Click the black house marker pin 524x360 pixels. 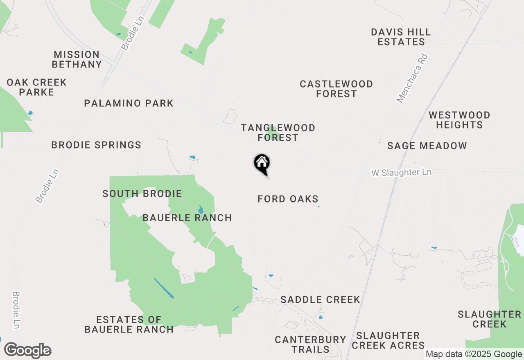262,164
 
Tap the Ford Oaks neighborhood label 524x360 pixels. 288,199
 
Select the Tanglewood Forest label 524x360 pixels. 278,133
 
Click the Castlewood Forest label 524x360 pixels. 336,89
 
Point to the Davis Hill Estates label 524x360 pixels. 401,37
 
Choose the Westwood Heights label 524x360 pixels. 459,120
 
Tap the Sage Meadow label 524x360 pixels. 427,146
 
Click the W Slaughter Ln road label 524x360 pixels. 401,173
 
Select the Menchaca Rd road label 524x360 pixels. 412,78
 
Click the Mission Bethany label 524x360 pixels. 77,59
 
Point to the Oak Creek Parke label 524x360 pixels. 36,87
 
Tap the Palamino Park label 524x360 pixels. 129,103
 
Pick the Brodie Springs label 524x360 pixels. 96,145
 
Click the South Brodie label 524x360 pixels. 142,193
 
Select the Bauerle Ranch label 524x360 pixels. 187,218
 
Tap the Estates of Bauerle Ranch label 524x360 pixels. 129,324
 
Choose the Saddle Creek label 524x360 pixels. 320,299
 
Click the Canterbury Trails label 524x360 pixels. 310,344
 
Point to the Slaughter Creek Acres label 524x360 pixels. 388,340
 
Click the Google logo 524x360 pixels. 27,351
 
